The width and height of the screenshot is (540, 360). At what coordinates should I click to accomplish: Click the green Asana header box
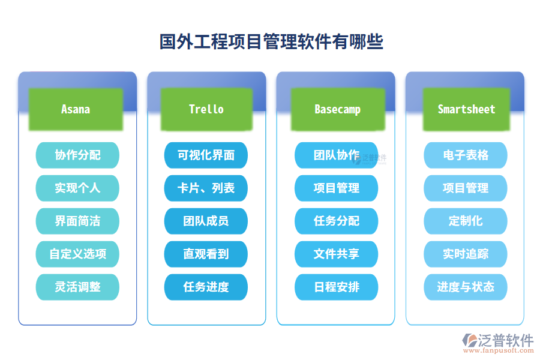click(x=76, y=109)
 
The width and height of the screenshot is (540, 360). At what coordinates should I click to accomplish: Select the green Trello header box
click(x=206, y=109)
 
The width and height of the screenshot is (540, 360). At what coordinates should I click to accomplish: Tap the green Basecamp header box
click(x=337, y=109)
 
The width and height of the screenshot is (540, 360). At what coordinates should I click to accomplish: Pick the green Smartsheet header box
click(x=466, y=109)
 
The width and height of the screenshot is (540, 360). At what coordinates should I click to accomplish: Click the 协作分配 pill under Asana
click(x=77, y=155)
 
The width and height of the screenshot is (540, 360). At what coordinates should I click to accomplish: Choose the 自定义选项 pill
click(x=77, y=254)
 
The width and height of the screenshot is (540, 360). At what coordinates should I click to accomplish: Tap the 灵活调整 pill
click(x=77, y=287)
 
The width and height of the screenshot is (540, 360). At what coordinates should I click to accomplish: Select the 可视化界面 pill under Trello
click(x=206, y=155)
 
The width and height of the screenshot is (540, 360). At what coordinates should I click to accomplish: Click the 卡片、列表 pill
click(x=206, y=188)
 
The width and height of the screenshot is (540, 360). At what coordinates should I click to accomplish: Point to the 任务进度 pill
click(x=206, y=287)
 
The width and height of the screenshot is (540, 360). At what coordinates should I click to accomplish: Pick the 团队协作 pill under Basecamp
click(x=336, y=155)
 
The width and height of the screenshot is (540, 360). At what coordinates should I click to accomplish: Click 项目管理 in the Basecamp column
click(x=336, y=188)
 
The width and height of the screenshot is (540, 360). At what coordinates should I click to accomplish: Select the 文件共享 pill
click(x=336, y=254)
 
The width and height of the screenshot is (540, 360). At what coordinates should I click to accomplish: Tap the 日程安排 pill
click(x=336, y=287)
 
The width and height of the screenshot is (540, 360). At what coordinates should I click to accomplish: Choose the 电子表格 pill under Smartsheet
click(x=466, y=155)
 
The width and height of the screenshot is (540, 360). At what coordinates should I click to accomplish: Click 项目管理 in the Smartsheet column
click(x=466, y=188)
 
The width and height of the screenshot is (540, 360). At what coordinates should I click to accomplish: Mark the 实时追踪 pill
click(x=466, y=254)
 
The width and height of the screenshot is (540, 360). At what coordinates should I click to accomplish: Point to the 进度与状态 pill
click(x=466, y=287)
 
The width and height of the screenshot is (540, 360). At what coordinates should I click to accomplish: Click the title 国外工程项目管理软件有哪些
click(x=271, y=42)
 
